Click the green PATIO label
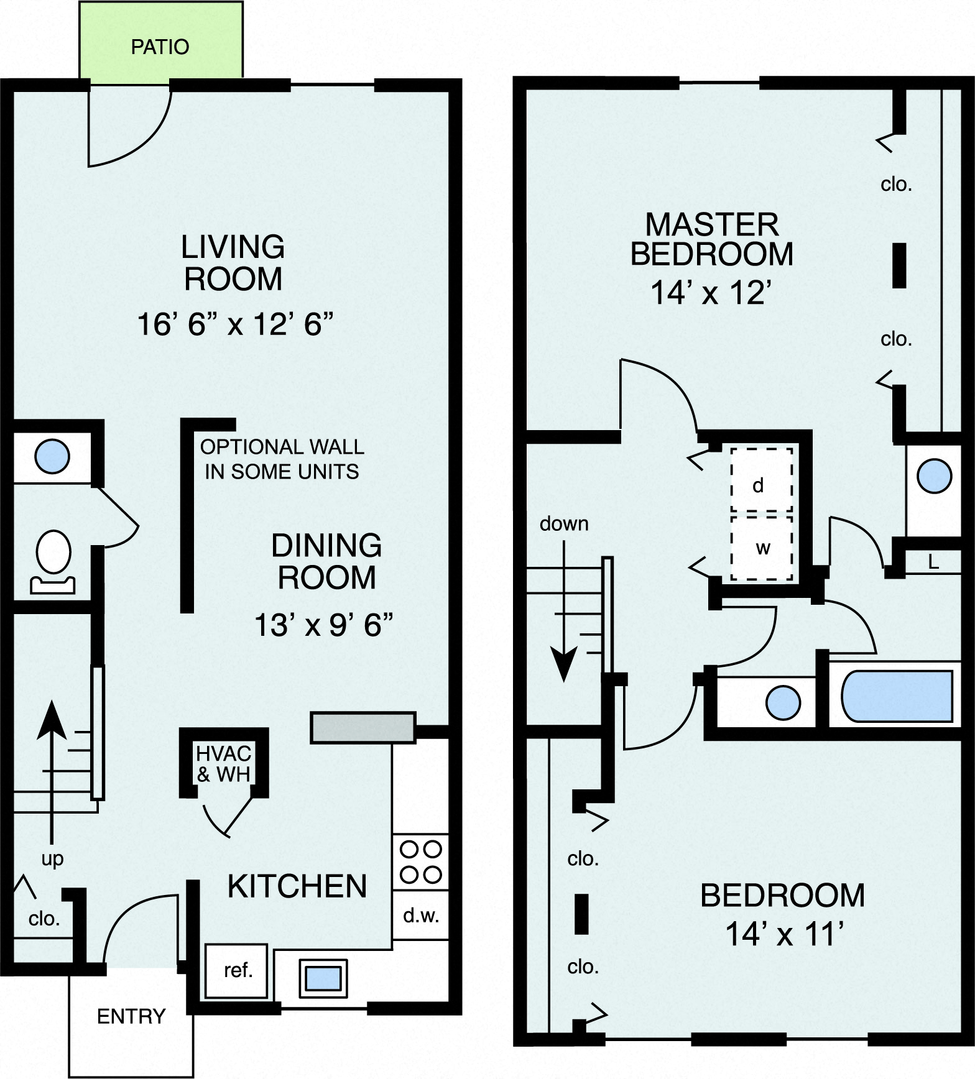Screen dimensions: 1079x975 tap(160, 47)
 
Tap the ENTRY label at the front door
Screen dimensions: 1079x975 tap(131, 1016)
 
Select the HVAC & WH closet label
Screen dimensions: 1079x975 tap(223, 764)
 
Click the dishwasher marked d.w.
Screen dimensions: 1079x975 tap(421, 916)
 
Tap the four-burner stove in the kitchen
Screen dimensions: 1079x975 tap(421, 861)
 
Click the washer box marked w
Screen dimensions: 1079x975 tap(762, 548)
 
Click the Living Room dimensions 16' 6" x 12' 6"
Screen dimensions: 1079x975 tap(235, 324)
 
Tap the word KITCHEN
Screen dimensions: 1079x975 tap(297, 886)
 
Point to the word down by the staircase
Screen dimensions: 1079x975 tap(563, 524)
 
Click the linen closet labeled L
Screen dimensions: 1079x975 tap(933, 562)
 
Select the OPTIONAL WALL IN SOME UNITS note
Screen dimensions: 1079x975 tap(282, 459)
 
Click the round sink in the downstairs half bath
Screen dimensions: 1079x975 tap(52, 456)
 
